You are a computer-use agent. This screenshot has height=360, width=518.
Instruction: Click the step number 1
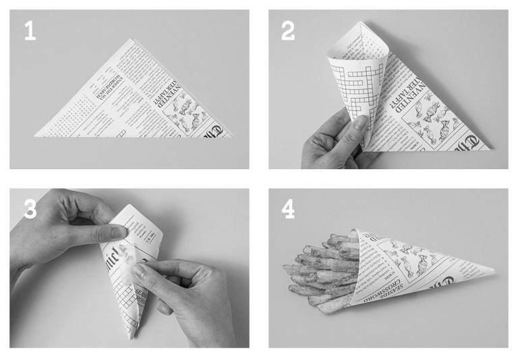(x=29, y=30)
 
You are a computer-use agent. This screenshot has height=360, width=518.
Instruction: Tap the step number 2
(x=288, y=30)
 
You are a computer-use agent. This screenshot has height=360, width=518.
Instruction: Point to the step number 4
(x=289, y=209)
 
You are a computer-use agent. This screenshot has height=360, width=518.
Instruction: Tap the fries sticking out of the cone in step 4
(x=324, y=270)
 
